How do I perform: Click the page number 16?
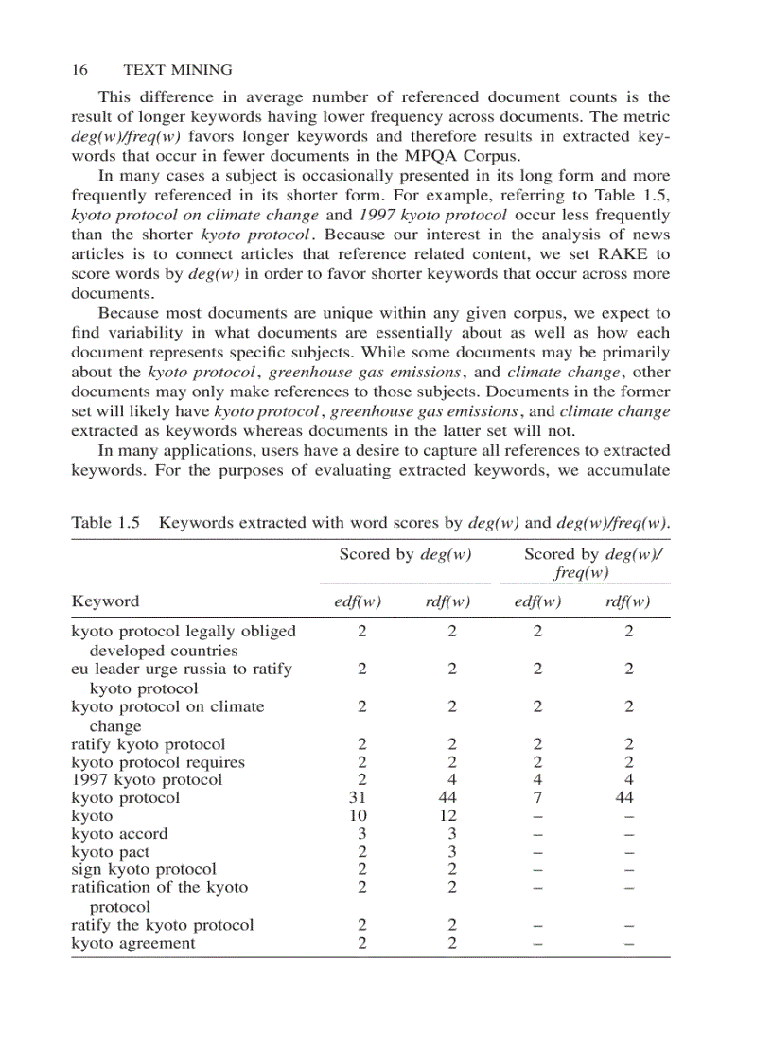(79, 70)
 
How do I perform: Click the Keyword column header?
(105, 601)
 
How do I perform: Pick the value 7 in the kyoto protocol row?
(537, 797)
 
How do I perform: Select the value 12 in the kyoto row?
(451, 815)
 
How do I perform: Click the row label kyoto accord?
(119, 833)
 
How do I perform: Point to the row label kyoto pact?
(110, 852)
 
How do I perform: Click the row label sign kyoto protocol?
(144, 869)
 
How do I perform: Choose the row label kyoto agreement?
(133, 943)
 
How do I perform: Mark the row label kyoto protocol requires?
(158, 762)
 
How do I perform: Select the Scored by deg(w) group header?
(406, 555)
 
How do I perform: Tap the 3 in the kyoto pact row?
(451, 852)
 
